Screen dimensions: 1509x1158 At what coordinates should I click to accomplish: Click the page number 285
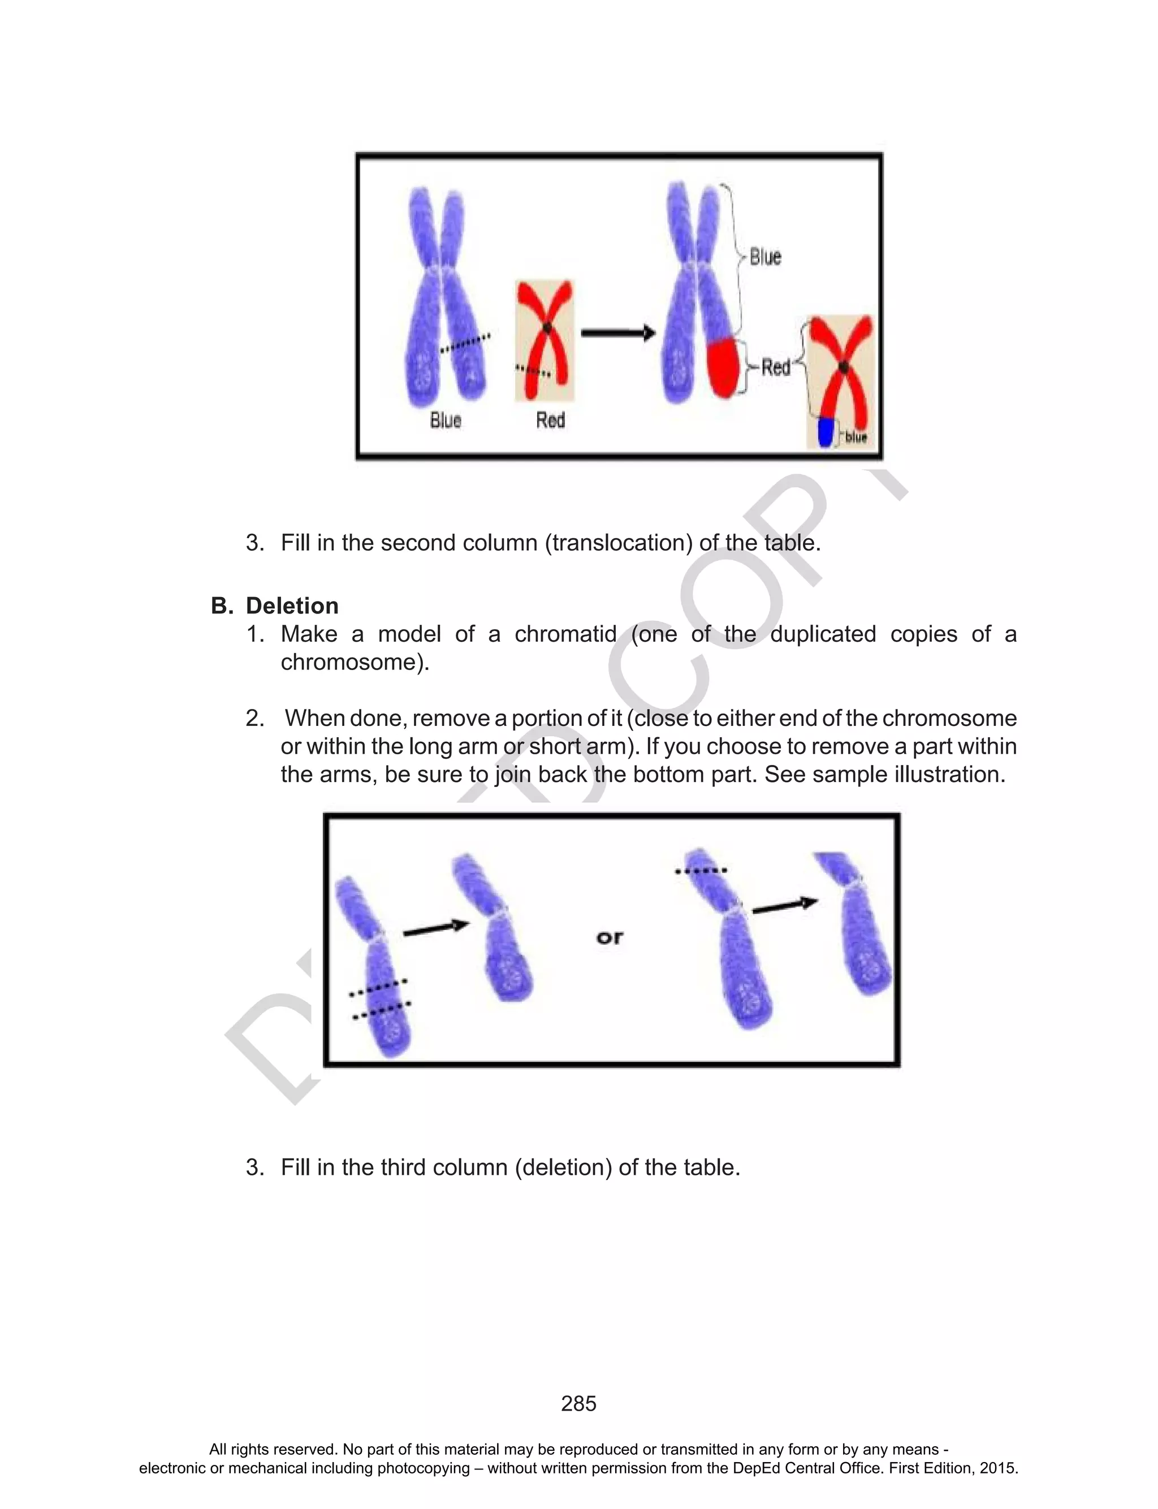(578, 1404)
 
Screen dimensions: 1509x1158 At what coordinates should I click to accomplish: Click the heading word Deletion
(292, 606)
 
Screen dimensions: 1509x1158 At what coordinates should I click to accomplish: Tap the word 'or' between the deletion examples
(610, 937)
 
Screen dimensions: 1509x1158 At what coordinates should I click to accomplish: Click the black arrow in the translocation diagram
(617, 334)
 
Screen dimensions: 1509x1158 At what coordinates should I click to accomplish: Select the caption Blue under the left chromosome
(446, 420)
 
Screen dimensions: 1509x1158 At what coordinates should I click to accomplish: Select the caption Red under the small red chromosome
(550, 420)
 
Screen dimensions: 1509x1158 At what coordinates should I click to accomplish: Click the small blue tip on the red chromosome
(825, 433)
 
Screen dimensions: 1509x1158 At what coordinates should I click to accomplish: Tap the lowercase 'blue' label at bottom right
(855, 438)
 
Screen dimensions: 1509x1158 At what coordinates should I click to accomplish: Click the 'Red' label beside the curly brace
(775, 367)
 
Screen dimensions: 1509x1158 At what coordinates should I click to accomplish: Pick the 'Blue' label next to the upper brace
(765, 257)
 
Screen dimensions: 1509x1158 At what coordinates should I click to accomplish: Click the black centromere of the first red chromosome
(547, 328)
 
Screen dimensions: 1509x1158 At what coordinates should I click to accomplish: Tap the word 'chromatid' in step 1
(565, 634)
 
